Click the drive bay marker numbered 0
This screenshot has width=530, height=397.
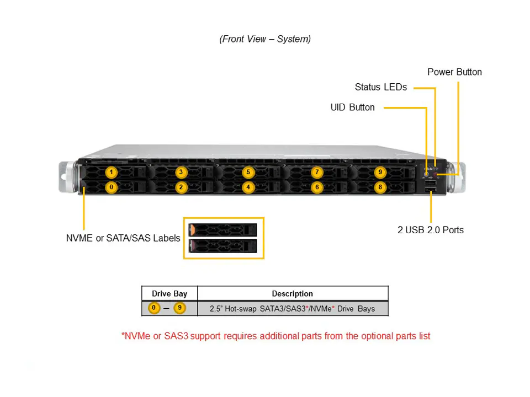(112, 187)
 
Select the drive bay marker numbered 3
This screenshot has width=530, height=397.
(181, 172)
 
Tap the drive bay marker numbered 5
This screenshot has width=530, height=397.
(248, 172)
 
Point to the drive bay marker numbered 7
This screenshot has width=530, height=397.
(316, 172)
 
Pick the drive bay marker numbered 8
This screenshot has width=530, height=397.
(380, 187)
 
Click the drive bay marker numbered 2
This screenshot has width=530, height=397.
(181, 187)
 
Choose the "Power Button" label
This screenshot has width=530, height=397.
(454, 72)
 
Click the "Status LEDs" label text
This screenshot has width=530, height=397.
(380, 87)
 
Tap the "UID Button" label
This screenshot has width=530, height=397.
(352, 108)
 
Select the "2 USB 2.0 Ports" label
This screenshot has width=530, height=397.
(431, 230)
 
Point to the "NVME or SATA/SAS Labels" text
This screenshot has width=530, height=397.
(123, 238)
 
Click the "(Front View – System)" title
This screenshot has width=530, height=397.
(265, 39)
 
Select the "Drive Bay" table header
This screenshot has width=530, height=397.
(169, 294)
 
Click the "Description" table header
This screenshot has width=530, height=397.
(292, 294)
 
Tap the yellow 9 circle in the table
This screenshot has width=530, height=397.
(179, 308)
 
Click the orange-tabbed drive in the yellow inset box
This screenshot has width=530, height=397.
(223, 229)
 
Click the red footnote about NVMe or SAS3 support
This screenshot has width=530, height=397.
(275, 336)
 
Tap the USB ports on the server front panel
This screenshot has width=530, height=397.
(431, 187)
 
